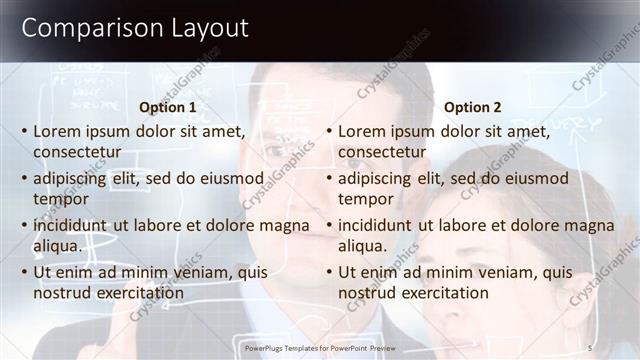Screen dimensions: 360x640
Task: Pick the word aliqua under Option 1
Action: [59, 246]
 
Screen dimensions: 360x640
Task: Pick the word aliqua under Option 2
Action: [364, 246]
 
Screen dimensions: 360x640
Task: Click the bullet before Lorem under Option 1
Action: [24, 132]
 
